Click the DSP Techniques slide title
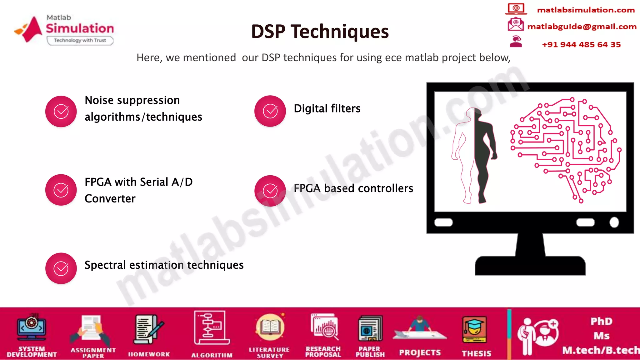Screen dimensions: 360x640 click(x=320, y=32)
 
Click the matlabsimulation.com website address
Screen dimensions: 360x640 click(x=586, y=10)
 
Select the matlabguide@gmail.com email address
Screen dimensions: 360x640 click(x=582, y=27)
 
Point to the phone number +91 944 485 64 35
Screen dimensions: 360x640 click(x=581, y=44)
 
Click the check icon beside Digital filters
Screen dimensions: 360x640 click(x=270, y=111)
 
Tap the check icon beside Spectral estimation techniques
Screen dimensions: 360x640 click(x=61, y=268)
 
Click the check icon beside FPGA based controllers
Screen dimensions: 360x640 click(x=270, y=191)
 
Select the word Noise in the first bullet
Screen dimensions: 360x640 click(x=99, y=100)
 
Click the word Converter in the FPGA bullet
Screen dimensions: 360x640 click(x=110, y=199)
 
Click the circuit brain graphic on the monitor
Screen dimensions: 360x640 click(x=566, y=148)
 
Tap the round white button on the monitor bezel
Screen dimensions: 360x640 click(x=614, y=222)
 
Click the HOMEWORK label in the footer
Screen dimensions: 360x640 click(x=149, y=354)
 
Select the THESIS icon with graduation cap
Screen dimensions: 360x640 click(x=474, y=330)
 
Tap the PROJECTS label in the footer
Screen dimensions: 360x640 click(x=420, y=352)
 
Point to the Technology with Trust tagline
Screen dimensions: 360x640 click(x=80, y=40)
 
